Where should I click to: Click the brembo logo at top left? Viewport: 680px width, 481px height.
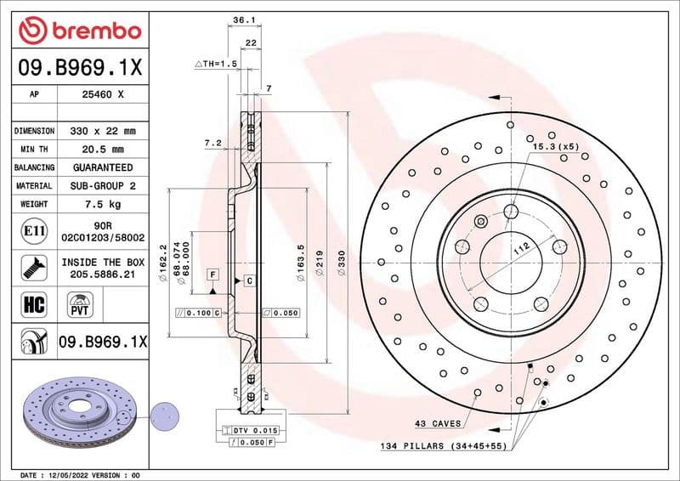tap(79, 31)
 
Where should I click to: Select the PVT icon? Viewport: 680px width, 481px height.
tap(81, 303)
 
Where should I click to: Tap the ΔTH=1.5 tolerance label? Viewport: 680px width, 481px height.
tap(214, 65)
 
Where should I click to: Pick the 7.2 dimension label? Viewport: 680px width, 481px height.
tap(212, 143)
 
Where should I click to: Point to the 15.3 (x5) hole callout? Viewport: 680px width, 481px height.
tap(555, 147)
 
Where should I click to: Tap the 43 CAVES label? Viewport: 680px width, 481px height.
tap(438, 423)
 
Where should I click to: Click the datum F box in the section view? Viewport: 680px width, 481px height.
tap(212, 274)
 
